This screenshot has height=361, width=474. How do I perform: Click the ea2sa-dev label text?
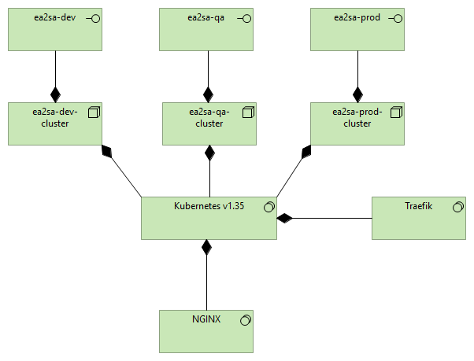click(54, 17)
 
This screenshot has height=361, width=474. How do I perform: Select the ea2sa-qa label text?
click(208, 17)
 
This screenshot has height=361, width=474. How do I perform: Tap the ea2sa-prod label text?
click(357, 17)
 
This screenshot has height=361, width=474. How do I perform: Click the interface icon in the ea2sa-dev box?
click(92, 18)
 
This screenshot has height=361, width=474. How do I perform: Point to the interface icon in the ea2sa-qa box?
click(245, 18)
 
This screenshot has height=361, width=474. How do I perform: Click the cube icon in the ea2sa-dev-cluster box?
click(92, 112)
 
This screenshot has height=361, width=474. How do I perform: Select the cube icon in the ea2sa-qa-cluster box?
click(246, 112)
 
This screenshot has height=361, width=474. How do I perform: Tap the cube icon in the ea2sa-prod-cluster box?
click(394, 112)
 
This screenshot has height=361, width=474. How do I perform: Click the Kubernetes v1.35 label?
click(209, 206)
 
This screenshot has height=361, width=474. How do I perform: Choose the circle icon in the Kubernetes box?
click(268, 207)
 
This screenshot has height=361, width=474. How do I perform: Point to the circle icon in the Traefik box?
click(457, 207)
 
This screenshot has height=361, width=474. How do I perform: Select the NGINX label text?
click(206, 319)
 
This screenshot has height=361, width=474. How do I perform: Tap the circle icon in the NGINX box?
click(244, 320)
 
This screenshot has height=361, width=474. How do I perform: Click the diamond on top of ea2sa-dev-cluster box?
click(55, 94)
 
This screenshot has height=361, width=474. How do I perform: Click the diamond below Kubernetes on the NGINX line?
click(206, 248)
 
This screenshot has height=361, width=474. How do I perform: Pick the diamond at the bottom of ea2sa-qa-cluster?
click(209, 153)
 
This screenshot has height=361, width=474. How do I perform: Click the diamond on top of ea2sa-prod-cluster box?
click(357, 94)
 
